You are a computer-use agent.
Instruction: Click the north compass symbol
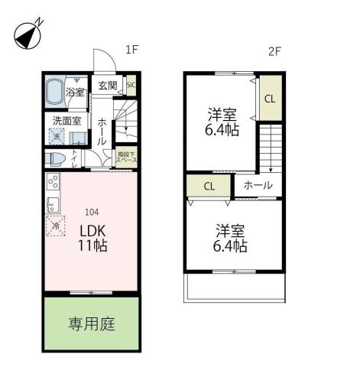coord(28,35)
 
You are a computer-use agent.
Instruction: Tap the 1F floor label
coord(131,50)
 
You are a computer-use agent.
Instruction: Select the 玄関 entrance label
coord(107,86)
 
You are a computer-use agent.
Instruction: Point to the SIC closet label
coord(131,86)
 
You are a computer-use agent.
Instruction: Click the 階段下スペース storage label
coord(126,158)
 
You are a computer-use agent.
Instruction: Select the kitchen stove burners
coord(53,183)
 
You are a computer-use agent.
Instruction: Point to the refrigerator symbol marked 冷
coord(55,226)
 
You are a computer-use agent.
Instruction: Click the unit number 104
coord(90,213)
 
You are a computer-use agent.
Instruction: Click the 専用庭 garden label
coord(92,323)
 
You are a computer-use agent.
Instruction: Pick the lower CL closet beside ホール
coord(209,186)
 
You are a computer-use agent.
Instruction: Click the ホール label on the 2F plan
coord(257,186)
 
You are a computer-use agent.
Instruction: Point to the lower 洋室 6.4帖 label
coord(230,238)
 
